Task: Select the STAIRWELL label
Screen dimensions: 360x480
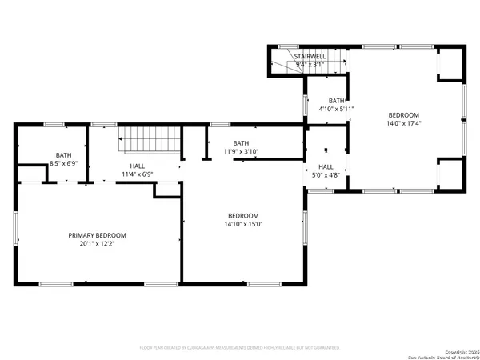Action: (310, 56)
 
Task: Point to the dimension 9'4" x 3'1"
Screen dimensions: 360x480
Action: (310, 65)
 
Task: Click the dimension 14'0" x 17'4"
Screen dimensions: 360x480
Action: (403, 123)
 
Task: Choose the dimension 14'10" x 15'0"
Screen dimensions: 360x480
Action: (243, 225)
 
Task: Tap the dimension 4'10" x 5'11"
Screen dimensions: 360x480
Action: (336, 109)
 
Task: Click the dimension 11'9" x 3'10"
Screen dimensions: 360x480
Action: (240, 151)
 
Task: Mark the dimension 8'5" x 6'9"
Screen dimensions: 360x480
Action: (63, 163)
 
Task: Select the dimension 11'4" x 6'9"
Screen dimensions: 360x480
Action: (137, 173)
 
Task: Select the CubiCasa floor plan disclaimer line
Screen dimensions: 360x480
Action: (239, 348)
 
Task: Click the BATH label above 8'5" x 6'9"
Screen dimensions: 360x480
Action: (63, 154)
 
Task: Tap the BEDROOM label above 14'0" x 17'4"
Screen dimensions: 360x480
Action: (403, 114)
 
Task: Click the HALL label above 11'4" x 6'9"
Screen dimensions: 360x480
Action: (137, 164)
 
